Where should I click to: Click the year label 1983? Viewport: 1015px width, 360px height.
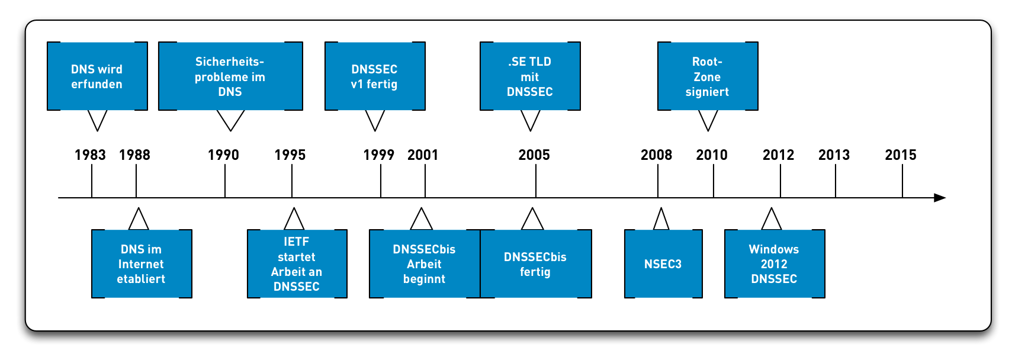tap(90, 155)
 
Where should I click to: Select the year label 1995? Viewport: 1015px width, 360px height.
tap(290, 155)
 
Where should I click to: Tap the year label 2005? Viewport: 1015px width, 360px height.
tap(534, 155)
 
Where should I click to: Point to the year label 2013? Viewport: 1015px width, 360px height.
tap(834, 155)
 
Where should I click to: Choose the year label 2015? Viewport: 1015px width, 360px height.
tap(901, 155)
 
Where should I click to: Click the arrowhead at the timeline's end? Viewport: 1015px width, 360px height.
tap(940, 198)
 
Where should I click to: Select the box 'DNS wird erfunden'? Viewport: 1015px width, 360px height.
tap(97, 76)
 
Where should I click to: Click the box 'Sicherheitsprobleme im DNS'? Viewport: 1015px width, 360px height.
tap(230, 76)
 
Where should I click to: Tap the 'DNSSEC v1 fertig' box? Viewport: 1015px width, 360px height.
tap(375, 76)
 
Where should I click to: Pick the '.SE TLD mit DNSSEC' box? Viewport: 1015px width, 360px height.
tap(530, 76)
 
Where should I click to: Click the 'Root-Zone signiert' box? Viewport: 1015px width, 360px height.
tap(708, 76)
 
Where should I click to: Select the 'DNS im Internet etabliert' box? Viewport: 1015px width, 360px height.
tap(142, 264)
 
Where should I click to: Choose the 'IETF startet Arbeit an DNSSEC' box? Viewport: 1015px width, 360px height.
tap(297, 264)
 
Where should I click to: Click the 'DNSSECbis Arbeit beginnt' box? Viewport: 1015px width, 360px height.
tap(424, 264)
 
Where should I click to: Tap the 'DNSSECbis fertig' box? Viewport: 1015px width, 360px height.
tap(535, 264)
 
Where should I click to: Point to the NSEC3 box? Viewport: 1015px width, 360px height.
tap(663, 264)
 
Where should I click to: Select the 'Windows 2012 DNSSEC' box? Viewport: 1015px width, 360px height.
tap(775, 264)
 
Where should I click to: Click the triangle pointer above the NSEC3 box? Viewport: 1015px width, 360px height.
tap(661, 220)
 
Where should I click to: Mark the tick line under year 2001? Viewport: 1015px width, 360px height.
tap(425, 181)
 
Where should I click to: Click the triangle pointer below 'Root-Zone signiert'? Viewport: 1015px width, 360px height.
tap(708, 120)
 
